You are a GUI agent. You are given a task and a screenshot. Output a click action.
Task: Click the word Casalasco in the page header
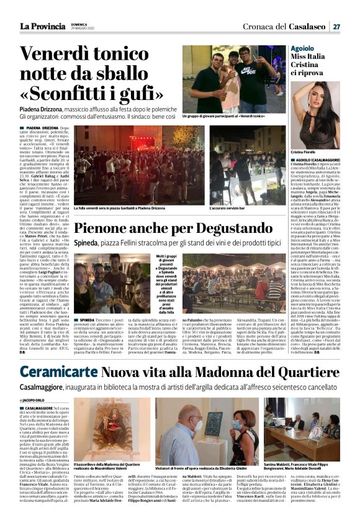(305, 27)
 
